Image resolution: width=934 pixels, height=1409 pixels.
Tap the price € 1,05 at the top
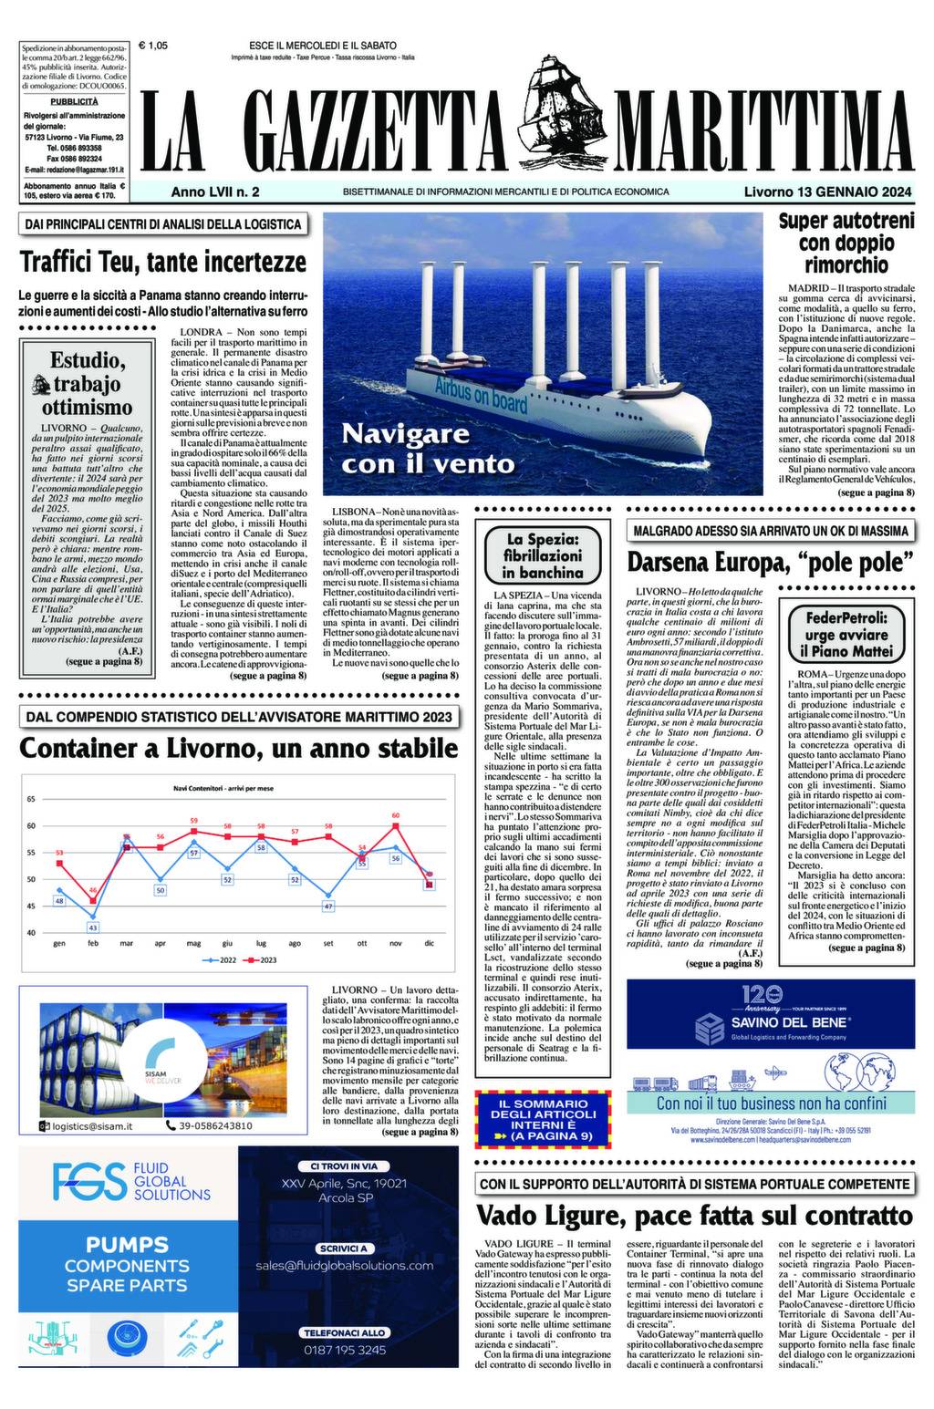tap(153, 45)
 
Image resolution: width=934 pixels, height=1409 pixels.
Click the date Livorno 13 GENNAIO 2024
tap(827, 192)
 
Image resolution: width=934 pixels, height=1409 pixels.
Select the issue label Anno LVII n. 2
tap(215, 192)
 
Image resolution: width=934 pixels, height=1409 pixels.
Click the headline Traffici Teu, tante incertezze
tap(163, 263)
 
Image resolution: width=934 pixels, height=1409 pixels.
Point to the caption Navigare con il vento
tap(427, 448)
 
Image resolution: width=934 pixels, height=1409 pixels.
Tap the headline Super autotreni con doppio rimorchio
tap(846, 243)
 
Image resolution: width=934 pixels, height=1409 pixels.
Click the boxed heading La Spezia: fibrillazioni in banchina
tap(543, 555)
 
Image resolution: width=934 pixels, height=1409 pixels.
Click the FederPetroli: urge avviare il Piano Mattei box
tap(846, 634)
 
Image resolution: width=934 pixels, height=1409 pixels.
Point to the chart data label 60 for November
tap(396, 815)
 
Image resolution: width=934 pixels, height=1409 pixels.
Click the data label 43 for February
tap(93, 927)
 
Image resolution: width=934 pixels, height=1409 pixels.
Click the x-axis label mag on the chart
tap(193, 943)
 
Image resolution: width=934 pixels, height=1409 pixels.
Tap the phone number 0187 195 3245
tap(345, 1350)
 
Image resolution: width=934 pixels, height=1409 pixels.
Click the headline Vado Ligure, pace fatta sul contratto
tap(694, 1215)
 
